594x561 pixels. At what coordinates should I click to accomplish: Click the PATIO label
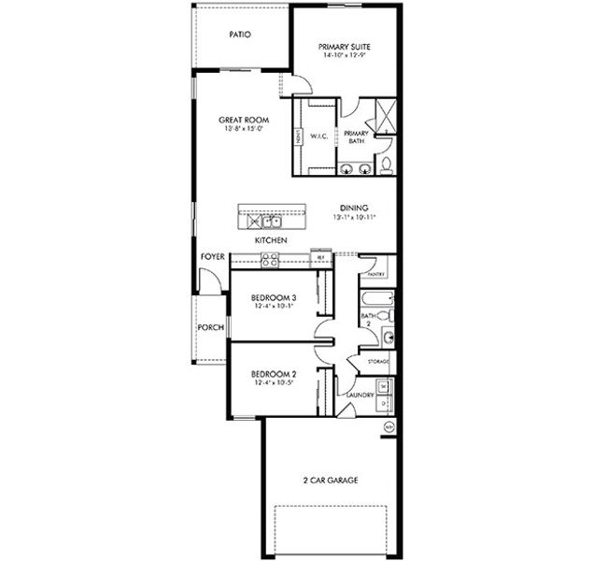tap(241, 35)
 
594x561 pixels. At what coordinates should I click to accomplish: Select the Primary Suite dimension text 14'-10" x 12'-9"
tap(343, 54)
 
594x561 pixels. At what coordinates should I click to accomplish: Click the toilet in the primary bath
tap(386, 166)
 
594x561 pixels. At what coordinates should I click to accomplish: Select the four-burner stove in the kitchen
tap(270, 261)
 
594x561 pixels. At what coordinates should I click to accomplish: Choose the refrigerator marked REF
tap(320, 257)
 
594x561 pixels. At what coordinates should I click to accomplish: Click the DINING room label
tap(354, 208)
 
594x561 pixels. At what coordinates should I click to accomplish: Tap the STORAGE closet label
tap(378, 359)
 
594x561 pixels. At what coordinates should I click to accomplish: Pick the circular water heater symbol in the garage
tap(389, 426)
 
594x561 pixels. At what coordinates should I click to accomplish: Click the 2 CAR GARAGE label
tap(330, 480)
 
